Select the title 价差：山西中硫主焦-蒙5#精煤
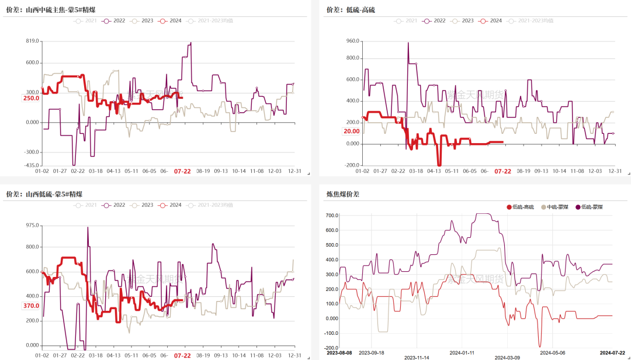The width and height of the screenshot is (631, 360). pos(44,9)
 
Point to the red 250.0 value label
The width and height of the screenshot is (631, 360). pos(31,98)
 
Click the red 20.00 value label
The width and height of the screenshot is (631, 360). pos(351,131)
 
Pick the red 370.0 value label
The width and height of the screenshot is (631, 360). pos(31,306)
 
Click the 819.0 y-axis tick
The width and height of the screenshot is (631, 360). pos(32,41)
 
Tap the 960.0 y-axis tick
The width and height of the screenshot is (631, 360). pos(352,41)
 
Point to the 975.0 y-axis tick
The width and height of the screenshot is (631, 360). pos(32,226)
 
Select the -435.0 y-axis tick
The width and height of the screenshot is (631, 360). pos(31,166)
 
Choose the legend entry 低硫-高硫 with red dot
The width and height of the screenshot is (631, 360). pos(520,207)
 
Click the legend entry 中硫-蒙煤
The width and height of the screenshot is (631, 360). pos(555,207)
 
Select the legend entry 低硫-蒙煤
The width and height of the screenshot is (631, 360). pos(591,207)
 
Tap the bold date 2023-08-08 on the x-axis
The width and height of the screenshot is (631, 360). pos(339,353)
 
